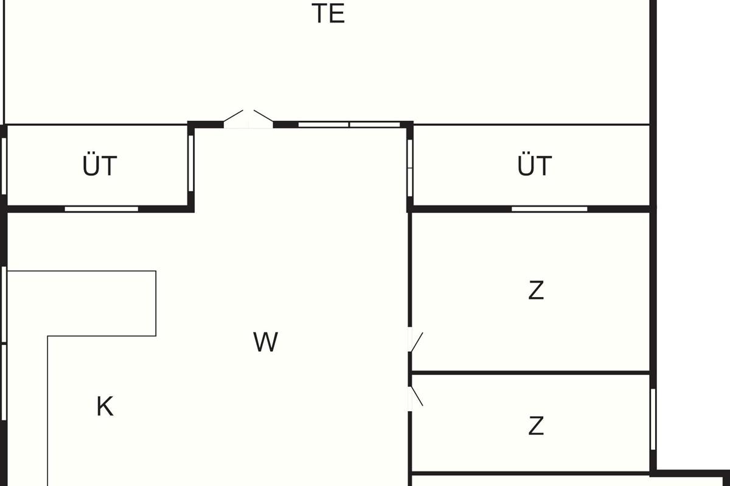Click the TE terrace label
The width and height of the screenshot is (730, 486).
[328, 13]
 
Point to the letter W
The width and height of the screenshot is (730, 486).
[266, 342]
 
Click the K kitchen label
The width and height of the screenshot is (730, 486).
[105, 406]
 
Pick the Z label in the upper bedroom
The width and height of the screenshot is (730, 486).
[536, 290]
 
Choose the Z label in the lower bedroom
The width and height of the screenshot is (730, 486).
[536, 426]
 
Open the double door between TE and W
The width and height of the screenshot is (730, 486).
[248, 120]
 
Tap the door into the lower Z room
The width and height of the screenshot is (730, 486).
[415, 399]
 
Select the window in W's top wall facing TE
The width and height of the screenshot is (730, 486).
[349, 125]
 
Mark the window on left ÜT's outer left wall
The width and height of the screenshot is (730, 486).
[4, 166]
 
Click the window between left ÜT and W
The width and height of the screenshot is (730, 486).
[191, 163]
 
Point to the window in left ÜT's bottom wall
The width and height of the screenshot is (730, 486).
[102, 209]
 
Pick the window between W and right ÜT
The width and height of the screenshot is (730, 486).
[410, 168]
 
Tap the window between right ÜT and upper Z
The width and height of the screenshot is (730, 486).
[549, 209]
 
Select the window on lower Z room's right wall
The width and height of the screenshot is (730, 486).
[653, 419]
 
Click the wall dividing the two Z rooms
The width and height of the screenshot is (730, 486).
[531, 373]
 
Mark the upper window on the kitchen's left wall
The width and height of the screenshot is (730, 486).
[4, 304]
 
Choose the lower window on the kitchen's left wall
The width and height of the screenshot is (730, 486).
[4, 383]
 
